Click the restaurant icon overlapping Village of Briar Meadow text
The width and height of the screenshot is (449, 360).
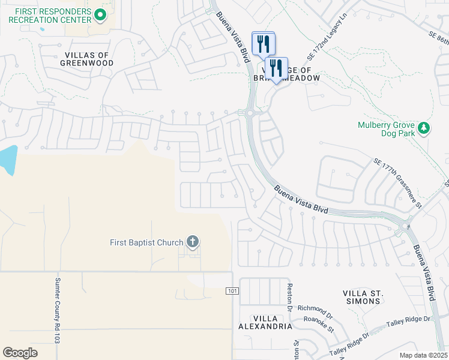click(276, 68)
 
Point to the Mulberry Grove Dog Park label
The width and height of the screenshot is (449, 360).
click(387, 129)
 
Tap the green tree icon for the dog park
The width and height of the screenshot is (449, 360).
click(424, 128)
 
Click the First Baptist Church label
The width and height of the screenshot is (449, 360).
click(146, 242)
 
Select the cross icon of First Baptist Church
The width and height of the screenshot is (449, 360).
click(192, 242)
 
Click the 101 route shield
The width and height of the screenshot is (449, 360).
click(232, 291)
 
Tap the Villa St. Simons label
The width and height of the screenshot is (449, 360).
click(363, 296)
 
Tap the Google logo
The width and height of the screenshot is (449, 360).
click(20, 353)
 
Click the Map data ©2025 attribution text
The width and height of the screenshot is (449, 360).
click(423, 355)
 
